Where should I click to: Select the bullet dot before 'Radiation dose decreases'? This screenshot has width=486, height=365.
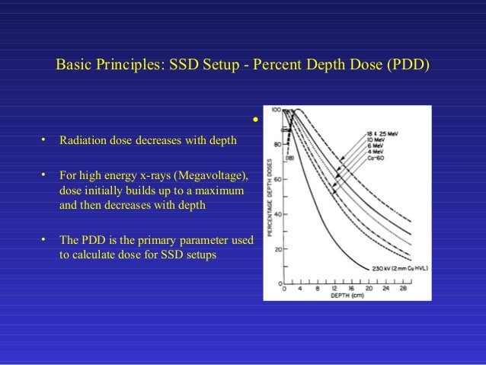(x=45, y=140)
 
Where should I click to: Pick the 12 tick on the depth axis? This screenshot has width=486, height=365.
(x=334, y=289)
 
